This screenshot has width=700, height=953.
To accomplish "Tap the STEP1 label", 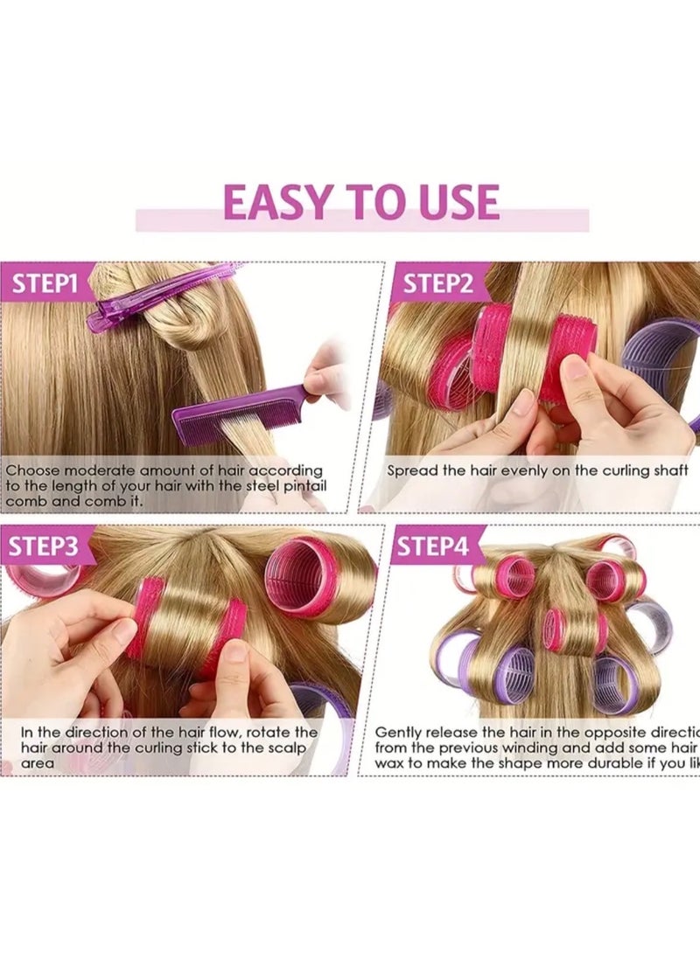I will [45, 283].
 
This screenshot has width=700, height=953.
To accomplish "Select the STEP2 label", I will [437, 284].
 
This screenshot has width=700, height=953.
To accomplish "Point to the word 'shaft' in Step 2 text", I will [671, 470].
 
